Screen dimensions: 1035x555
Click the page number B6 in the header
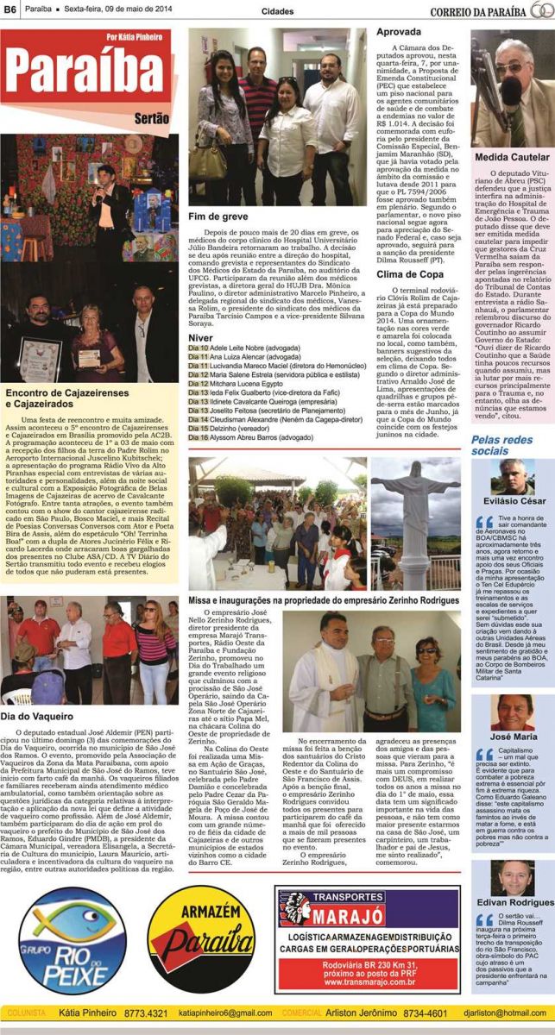[x=10, y=10]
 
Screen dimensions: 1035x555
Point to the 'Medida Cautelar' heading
[x=510, y=158]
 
